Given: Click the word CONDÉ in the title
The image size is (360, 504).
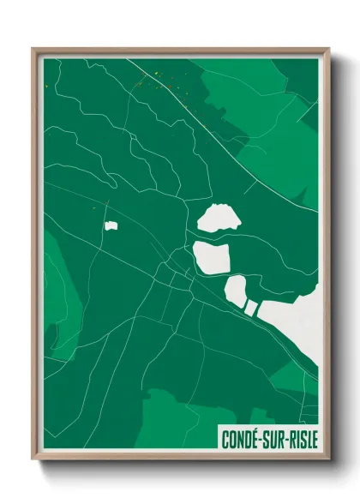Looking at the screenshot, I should coord(242,440).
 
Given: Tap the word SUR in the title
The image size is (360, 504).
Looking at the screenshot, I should coord(277,440).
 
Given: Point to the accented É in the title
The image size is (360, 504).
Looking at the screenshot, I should coord(257,439).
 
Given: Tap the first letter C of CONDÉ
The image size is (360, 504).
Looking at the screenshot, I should coord(225,440).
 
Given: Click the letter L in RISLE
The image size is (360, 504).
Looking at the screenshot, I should coord(309,440).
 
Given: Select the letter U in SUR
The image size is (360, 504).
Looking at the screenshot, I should coord(277,440).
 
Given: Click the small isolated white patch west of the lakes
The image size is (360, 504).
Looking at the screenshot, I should coord(111,226).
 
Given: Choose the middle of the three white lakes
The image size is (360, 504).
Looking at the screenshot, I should coord(212,256).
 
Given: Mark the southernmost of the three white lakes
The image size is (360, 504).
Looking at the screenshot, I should coord(236,291).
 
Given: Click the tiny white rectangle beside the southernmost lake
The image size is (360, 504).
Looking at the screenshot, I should coord(251,306).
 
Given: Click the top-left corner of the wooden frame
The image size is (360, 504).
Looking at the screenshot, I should coord(33,49).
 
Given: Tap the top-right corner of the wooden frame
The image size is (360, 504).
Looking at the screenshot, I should coord(328,49).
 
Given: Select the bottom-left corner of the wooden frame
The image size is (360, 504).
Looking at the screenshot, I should coord(33,459).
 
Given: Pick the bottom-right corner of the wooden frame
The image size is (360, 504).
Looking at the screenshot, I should coord(328,459).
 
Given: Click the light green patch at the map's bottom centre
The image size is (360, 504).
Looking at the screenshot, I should coord(176,420).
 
